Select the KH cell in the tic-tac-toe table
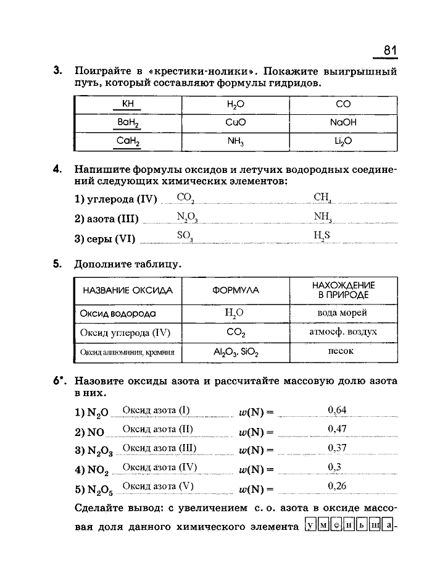(x=128, y=105)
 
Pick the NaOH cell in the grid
(x=343, y=123)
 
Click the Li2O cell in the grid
(x=343, y=141)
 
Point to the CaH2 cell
(x=128, y=141)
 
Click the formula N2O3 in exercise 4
(x=186, y=217)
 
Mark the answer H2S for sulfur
(x=322, y=235)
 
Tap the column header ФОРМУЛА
(x=236, y=290)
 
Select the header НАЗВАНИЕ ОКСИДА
(x=128, y=290)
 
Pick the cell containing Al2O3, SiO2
(x=235, y=353)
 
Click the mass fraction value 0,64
(x=338, y=410)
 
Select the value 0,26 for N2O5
(x=338, y=486)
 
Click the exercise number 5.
(x=57, y=264)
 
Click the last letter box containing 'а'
(x=388, y=526)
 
